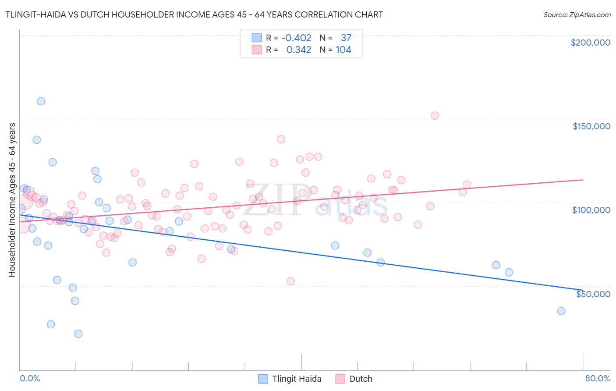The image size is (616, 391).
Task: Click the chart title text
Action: tap(194, 14)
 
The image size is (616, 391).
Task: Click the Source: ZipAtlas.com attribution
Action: tap(577, 14)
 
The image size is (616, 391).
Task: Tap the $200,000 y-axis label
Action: tap(590, 43)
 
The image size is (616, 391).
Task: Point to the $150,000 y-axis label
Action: tap(591, 126)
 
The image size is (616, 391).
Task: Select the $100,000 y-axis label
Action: tap(591, 210)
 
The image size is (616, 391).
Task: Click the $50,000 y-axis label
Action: tap(593, 294)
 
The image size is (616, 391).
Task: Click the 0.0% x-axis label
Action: tap(30, 378)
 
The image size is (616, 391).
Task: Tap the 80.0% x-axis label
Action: tap(598, 378)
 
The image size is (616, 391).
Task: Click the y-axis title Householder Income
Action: tap(12, 199)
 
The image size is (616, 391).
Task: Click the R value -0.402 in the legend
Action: tap(296, 38)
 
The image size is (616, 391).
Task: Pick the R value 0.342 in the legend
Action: tap(298, 50)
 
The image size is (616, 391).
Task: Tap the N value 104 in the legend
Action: tap(343, 50)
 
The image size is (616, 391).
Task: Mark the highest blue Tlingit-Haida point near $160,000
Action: tap(41, 101)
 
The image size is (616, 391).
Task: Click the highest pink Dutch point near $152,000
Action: tap(435, 116)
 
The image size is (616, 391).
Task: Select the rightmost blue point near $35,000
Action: tap(561, 311)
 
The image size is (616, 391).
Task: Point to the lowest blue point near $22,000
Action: tap(78, 334)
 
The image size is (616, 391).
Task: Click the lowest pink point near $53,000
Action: tap(290, 281)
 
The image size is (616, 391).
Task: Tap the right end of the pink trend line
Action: tap(583, 180)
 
